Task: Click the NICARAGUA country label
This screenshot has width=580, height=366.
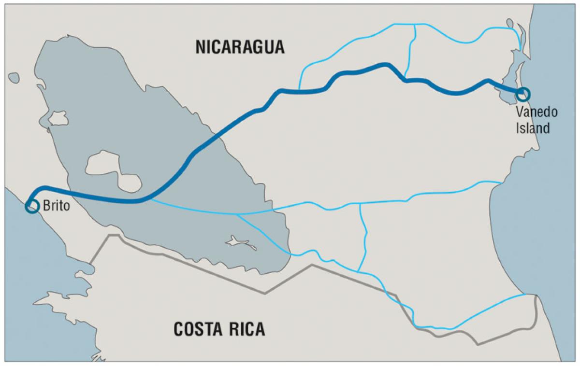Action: tap(240, 47)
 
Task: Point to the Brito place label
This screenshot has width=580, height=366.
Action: tap(57, 205)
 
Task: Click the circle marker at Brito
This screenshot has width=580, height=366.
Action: tap(32, 206)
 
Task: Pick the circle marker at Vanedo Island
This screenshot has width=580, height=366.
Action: tap(522, 94)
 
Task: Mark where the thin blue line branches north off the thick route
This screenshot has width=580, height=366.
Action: tap(300, 91)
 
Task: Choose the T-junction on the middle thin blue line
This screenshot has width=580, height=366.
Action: tap(361, 204)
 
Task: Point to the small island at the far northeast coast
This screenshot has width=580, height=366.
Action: tap(510, 24)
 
